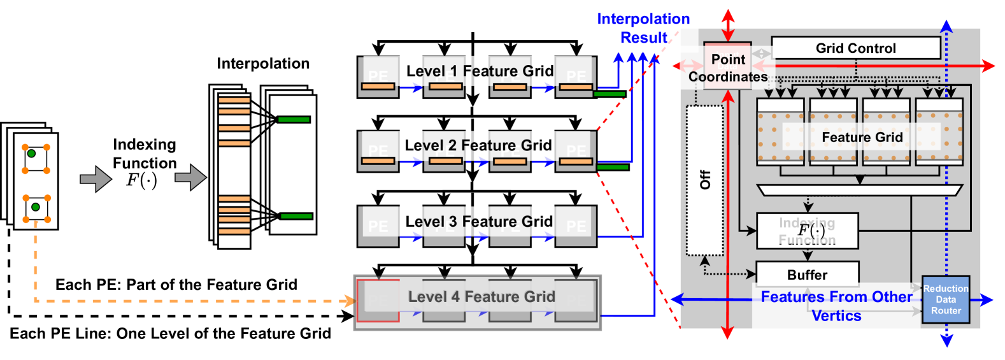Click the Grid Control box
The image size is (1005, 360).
pos(855,48)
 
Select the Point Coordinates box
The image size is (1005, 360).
pos(727,68)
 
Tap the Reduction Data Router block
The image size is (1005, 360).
pos(946,299)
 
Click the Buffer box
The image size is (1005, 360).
pos(807,275)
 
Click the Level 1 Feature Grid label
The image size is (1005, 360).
pos(480,71)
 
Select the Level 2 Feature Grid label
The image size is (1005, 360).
pos(478,146)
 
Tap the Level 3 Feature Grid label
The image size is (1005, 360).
pos(478,222)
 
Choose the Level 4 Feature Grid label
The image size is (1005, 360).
pos(481,297)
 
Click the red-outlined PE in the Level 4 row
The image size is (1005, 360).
pos(378,300)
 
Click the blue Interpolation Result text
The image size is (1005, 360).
pos(643,29)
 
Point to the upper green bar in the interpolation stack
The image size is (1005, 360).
pos(294,119)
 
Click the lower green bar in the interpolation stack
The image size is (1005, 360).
pos(296,216)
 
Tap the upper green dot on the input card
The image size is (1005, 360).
pos(31,154)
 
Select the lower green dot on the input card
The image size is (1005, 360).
pos(36,207)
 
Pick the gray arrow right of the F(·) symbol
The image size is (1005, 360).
pos(190,178)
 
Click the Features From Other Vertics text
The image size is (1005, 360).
pos(836,306)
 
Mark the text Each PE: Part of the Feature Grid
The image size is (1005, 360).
pos(176,285)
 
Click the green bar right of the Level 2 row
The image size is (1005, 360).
pos(613,167)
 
